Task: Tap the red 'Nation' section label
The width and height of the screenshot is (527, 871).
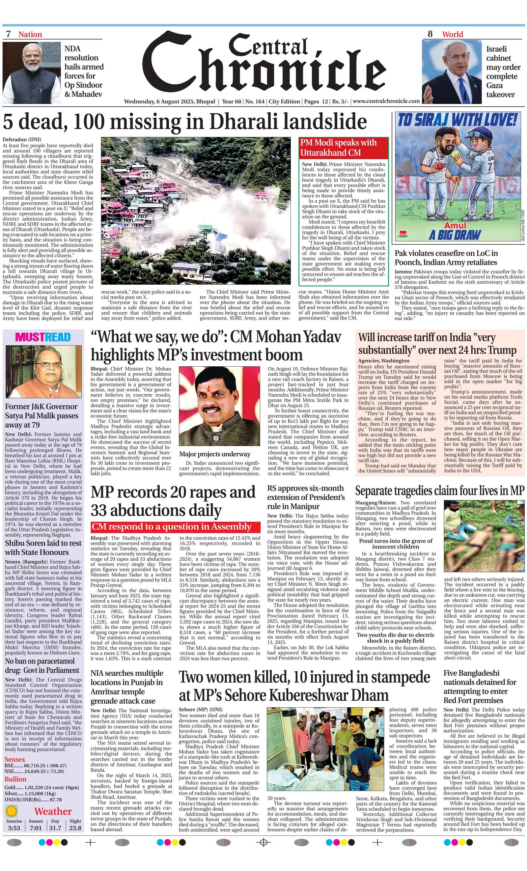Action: click(x=30, y=34)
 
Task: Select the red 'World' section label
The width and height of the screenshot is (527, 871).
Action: click(x=452, y=34)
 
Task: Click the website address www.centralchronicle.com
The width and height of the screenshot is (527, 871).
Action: click(x=386, y=101)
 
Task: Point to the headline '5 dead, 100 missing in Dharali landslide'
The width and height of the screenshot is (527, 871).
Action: click(x=184, y=122)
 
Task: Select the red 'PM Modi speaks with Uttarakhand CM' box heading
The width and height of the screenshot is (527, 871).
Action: click(x=343, y=148)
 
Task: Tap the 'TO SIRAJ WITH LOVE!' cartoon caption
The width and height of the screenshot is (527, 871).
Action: click(x=458, y=121)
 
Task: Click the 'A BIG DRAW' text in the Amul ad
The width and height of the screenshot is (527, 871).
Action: click(x=455, y=235)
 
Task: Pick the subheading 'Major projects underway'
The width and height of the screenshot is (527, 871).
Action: click(x=214, y=454)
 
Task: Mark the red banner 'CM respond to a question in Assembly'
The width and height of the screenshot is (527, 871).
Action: click(x=171, y=527)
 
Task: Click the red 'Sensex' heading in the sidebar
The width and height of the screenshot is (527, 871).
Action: click(x=15, y=759)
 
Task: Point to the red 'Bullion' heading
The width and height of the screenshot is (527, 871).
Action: click(x=15, y=779)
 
